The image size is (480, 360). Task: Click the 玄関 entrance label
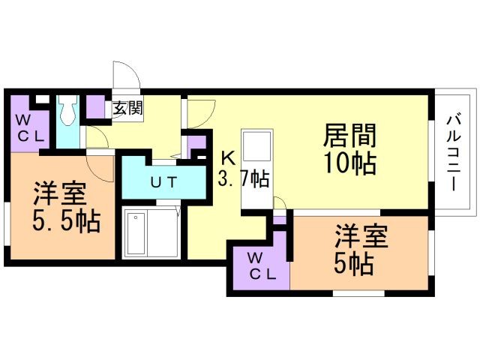pyautogui.click(x=128, y=108)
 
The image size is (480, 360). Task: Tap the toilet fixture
pyautogui.click(x=68, y=110)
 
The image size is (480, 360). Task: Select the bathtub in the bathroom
pyautogui.click(x=136, y=233)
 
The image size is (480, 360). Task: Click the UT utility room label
pyautogui.click(x=163, y=182)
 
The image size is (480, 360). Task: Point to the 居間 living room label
pyautogui.click(x=349, y=135)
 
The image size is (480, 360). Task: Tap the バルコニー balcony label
pyautogui.click(x=454, y=153)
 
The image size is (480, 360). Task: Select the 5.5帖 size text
pyautogui.click(x=66, y=220)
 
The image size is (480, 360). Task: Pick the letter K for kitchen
pyautogui.click(x=228, y=158)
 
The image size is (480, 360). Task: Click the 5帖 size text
pyautogui.click(x=353, y=264)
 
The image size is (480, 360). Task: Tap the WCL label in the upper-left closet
pyautogui.click(x=30, y=128)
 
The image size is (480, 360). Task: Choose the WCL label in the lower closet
pyautogui.click(x=262, y=266)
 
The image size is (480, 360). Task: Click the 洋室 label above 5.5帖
pyautogui.click(x=59, y=193)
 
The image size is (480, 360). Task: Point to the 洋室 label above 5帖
pyautogui.click(x=361, y=236)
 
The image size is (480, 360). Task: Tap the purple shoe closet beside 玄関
pyautogui.click(x=95, y=106)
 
